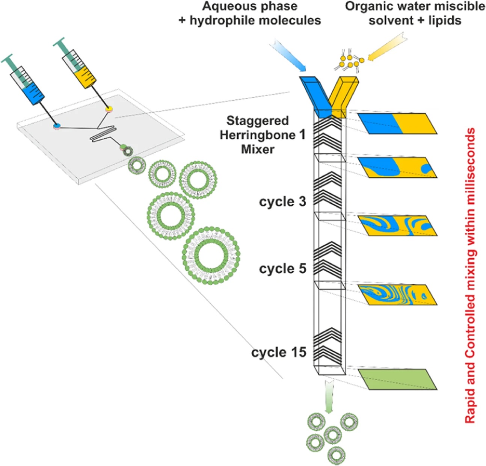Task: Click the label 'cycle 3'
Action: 282,202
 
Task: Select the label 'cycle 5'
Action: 282,269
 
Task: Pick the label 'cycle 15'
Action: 279,353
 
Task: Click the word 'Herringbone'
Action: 258,135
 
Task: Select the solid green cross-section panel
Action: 397,379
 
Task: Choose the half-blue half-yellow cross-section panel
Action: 397,123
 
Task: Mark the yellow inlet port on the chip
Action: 109,109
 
